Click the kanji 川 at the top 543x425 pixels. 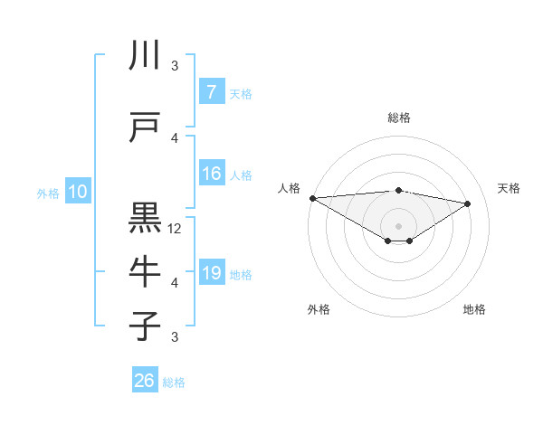point(145,56)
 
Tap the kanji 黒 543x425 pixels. point(145,219)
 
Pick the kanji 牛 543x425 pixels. point(145,272)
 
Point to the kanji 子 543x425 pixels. point(145,326)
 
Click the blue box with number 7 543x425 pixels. point(211,92)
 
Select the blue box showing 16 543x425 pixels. point(211,174)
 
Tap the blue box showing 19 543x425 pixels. point(211,273)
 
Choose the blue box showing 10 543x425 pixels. point(77,192)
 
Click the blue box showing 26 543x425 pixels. point(144,381)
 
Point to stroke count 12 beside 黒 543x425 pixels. point(176,229)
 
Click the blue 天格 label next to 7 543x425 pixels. point(241,93)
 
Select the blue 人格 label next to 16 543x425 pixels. point(241,175)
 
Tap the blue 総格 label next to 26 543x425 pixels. point(174,382)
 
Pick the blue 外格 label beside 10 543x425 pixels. point(48,193)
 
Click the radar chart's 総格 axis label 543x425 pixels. point(398,118)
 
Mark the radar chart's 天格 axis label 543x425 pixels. point(510,188)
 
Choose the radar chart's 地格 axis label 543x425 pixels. point(474,309)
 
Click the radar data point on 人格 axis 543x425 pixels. point(312,197)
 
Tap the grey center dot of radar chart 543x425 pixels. point(398,225)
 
